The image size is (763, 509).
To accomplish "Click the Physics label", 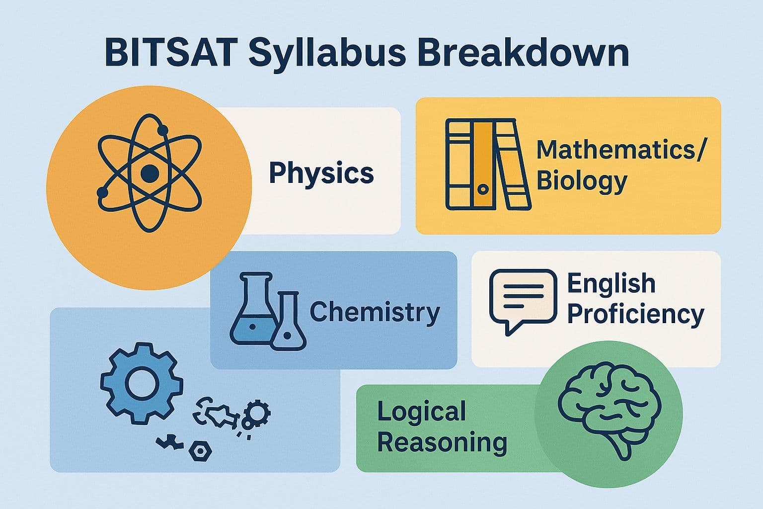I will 321,173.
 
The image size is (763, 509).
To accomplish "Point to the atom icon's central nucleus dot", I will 150,173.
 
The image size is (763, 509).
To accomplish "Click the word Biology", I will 582,181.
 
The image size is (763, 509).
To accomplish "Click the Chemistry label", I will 375,312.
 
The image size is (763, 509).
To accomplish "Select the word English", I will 611,284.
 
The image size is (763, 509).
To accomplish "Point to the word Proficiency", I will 635,315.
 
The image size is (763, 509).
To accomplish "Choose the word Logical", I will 421,412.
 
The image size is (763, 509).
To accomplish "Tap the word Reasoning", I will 442,442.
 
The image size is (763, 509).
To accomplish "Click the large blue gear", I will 141,383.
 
